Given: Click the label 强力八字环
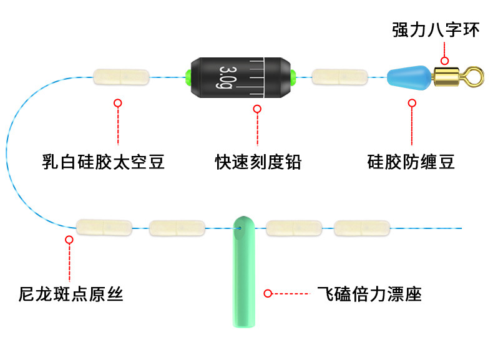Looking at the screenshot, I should coord(436,29).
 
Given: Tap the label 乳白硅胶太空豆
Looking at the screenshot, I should coord(104,163).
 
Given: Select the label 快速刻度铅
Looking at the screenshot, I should coord(258,163).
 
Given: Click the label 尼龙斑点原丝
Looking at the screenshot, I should coord(71,293).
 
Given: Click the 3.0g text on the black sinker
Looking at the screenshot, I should coord(226,77).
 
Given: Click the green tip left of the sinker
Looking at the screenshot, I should coord(187,77).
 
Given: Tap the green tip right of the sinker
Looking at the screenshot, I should coord(293,77).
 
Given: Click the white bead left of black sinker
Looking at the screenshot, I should coord(121,77).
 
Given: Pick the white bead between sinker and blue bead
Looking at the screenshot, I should coord(339,77).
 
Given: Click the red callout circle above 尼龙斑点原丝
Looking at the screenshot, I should coord(70,239).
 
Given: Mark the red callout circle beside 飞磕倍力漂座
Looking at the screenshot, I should coord(268,293).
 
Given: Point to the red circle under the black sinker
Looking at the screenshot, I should coord(257,109).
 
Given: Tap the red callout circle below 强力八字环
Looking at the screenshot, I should coord(444,61).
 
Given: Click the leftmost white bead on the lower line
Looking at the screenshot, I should coord(104,228).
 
